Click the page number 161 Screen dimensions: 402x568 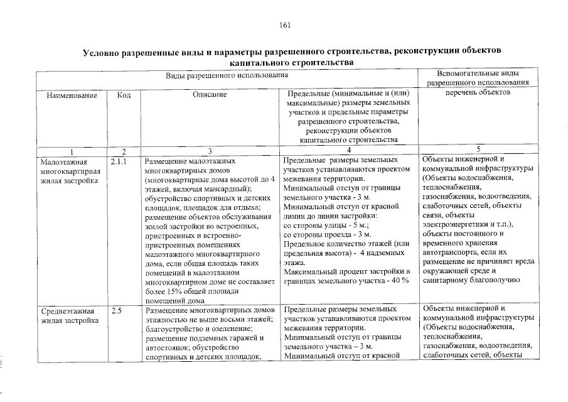pyautogui.click(x=284, y=24)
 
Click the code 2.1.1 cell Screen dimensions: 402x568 pyautogui.click(x=119, y=161)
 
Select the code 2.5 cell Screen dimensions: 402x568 pyautogui.click(x=116, y=310)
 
